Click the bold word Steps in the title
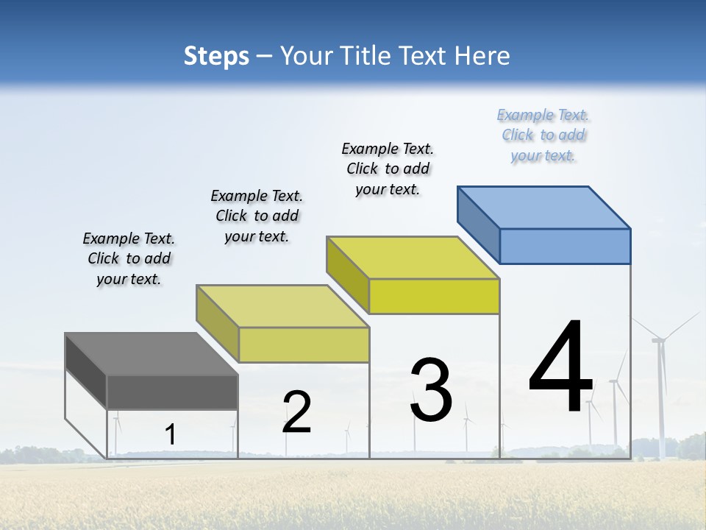216,56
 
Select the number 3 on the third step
431,390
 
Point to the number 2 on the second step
297,412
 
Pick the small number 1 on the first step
170,434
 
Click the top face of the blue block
544,207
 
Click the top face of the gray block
151,353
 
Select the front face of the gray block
172,392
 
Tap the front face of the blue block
565,246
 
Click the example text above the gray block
129,259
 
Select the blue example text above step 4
543,135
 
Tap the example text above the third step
388,169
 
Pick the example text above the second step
257,216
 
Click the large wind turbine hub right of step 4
659,339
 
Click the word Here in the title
482,56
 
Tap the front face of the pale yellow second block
304,344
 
